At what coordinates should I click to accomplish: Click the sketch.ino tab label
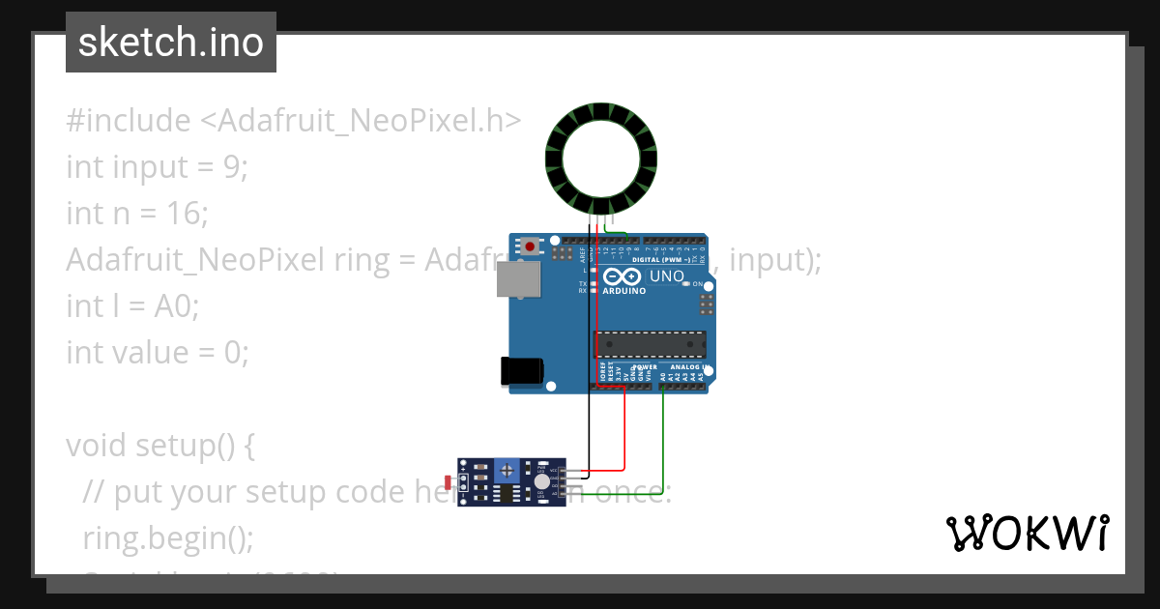click(171, 43)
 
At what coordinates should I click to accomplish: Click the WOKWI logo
click(1028, 534)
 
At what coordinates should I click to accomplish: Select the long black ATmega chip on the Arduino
click(650, 344)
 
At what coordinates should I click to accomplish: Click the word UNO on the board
click(667, 277)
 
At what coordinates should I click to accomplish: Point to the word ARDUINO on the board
click(624, 291)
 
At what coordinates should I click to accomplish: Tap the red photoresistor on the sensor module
click(447, 480)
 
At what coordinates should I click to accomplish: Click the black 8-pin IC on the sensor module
click(505, 494)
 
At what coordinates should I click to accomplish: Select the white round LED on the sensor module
click(541, 480)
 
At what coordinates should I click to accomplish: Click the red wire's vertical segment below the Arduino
click(624, 425)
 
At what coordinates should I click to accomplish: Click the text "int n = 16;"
click(137, 212)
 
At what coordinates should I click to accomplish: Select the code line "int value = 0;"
click(157, 352)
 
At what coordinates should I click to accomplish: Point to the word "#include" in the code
click(129, 121)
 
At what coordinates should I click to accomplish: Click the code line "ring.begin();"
click(168, 537)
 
